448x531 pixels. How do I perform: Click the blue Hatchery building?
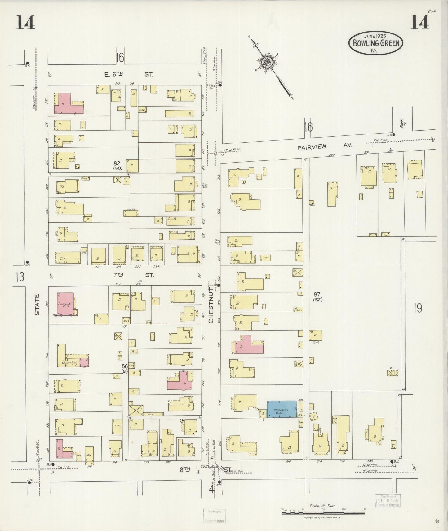282,409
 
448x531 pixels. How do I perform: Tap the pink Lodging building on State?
65,304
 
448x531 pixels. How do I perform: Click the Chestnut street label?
211,305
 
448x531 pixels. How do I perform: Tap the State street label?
37,305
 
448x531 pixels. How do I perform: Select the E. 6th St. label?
128,74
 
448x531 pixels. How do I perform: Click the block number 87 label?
317,295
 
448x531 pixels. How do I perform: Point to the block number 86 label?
125,366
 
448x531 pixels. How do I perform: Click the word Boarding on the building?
69,362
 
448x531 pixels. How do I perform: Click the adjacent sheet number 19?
418,308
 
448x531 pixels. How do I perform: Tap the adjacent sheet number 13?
20,277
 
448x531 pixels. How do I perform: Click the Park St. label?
403,124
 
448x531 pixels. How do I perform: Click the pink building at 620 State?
68,104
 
